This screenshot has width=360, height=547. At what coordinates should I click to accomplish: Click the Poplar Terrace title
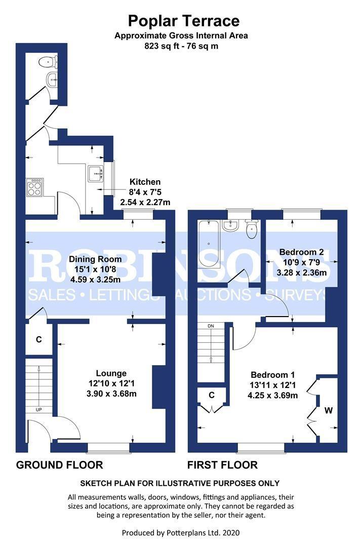tap(183, 21)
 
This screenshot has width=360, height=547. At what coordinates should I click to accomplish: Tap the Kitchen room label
tap(145, 182)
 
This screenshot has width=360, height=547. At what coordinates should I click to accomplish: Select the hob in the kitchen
tap(33, 188)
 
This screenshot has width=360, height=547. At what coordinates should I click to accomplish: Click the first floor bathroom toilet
tap(252, 231)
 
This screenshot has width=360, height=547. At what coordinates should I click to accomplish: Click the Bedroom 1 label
tap(273, 375)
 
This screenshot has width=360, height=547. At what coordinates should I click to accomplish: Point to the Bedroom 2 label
tap(302, 253)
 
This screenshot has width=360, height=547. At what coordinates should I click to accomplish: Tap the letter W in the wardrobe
tap(329, 411)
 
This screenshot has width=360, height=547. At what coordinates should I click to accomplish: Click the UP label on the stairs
tap(38, 410)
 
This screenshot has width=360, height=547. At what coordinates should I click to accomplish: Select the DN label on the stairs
tap(211, 326)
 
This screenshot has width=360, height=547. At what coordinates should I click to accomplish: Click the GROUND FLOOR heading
tap(60, 465)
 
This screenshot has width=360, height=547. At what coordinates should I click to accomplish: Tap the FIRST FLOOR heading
tap(222, 465)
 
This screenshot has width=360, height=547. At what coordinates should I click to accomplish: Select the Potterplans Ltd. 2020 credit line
tap(180, 532)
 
